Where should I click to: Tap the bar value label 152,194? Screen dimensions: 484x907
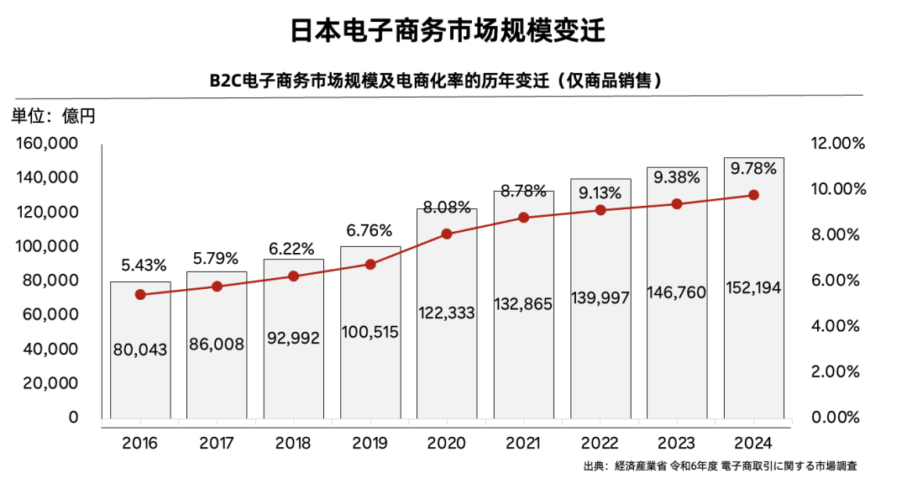[753, 288]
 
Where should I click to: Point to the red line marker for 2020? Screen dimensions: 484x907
[447, 234]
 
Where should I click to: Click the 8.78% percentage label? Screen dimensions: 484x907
[523, 191]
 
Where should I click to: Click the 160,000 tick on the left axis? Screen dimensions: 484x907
[47, 144]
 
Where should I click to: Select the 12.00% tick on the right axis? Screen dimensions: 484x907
[837, 144]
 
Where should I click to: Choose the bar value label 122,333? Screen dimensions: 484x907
[447, 313]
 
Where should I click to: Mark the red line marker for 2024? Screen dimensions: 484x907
[753, 195]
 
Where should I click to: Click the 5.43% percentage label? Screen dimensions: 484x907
[140, 266]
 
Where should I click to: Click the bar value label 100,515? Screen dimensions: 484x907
[370, 331]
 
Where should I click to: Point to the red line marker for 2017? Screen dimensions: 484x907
[217, 287]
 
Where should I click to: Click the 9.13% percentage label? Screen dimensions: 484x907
[600, 192]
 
